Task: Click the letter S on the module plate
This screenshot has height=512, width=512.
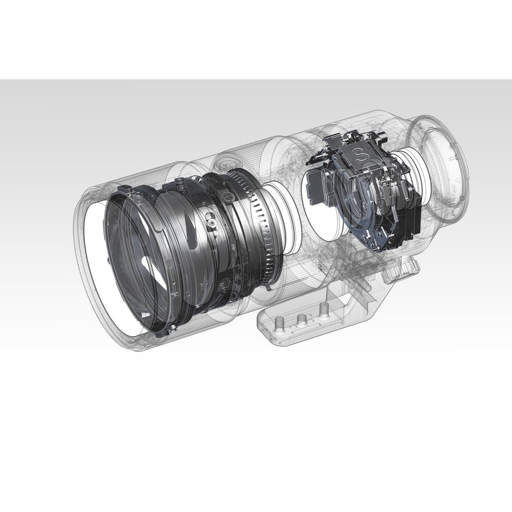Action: pos(359,154)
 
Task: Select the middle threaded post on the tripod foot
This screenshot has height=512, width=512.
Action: pos(301,320)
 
